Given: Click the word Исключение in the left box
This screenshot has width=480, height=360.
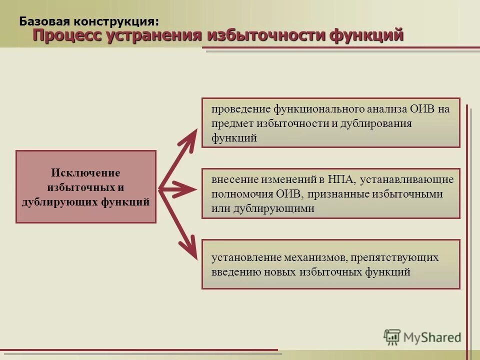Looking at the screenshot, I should point(85,173).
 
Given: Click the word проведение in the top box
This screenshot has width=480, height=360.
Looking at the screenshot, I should point(240,109).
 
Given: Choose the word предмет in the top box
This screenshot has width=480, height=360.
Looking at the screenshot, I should point(232,123).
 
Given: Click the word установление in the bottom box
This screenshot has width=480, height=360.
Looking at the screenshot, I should point(244,257).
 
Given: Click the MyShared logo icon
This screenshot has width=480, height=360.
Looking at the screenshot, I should point(392,337).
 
